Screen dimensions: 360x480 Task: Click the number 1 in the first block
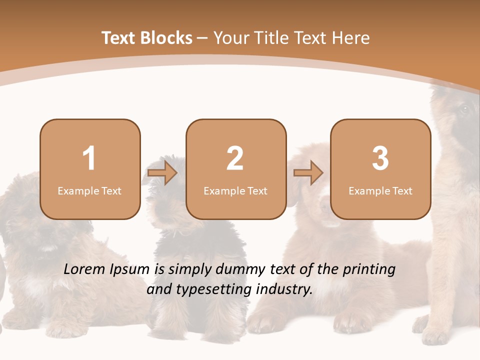pyautogui.click(x=89, y=159)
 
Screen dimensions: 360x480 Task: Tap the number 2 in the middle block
pyautogui.click(x=235, y=159)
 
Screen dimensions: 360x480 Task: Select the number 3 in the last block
pyautogui.click(x=380, y=159)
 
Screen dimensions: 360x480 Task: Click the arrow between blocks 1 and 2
pyautogui.click(x=162, y=173)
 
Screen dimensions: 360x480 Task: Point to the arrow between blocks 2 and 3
pyautogui.click(x=308, y=173)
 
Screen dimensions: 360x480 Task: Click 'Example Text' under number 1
pyautogui.click(x=89, y=191)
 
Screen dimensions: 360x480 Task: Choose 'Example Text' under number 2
pyautogui.click(x=235, y=191)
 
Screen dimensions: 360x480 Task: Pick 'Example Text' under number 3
pyautogui.click(x=380, y=191)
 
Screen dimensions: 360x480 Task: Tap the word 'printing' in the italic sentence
pyautogui.click(x=369, y=270)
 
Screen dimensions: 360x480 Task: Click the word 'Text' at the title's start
pyautogui.click(x=119, y=38)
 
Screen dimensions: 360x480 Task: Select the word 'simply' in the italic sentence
pyautogui.click(x=190, y=270)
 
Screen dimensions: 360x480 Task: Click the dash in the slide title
pyautogui.click(x=202, y=37)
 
